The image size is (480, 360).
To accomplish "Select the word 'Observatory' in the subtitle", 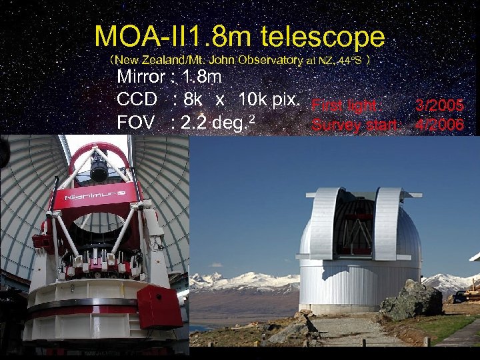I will (266, 60).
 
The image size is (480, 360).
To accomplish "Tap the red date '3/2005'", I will (439, 105).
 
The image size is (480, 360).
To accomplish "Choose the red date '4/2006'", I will (439, 124).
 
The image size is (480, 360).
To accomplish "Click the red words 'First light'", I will (344, 105).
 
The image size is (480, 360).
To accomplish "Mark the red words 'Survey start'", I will (354, 125).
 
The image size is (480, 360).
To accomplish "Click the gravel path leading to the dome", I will (347, 331).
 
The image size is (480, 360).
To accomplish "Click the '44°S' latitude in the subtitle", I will (354, 60).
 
